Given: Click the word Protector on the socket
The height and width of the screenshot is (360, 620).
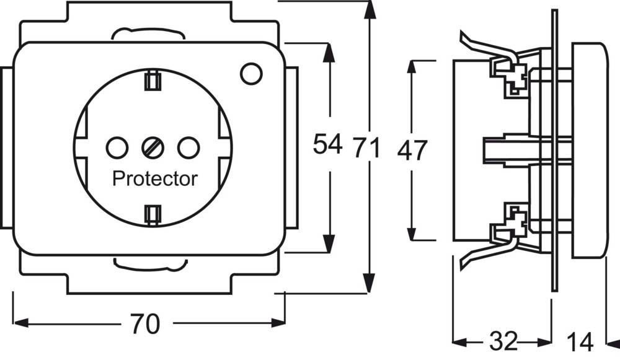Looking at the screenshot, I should point(155,179).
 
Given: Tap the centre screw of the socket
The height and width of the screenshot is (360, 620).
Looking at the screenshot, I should point(151,147).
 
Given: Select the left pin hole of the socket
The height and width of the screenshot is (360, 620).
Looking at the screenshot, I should point(117,147).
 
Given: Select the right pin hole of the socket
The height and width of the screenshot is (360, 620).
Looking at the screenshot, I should point(186,147).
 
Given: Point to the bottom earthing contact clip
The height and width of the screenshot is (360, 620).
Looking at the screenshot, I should point(151,214).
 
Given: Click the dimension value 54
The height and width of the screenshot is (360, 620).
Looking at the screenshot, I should point(327,145).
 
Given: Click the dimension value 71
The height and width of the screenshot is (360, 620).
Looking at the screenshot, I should point(367,149).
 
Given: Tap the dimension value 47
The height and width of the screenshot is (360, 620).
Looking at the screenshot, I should point(412,150).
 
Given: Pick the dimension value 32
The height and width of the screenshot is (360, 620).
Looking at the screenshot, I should point(504,340).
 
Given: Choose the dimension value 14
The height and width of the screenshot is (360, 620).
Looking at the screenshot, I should point(580,340).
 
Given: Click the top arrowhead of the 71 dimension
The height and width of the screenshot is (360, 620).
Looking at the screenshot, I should point(370,9).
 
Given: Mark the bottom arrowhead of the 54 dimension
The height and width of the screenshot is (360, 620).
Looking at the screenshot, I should point(330,245).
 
